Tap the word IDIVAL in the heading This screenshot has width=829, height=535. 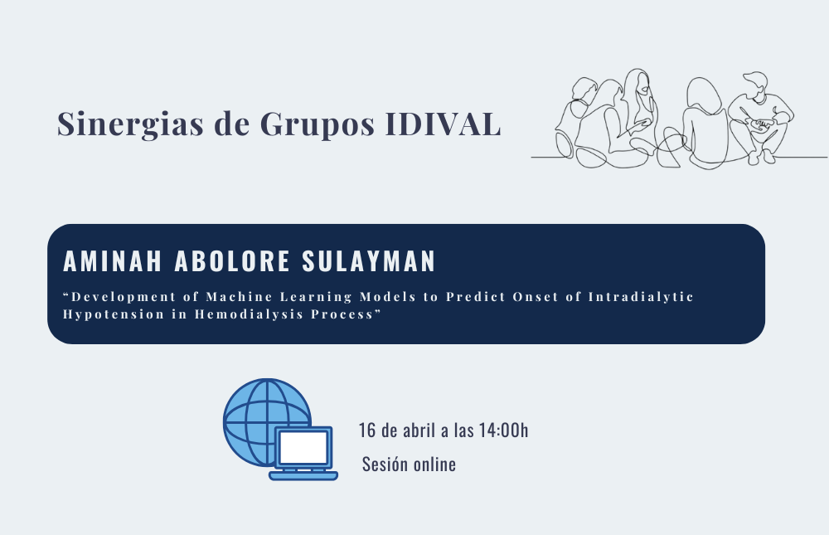click(443, 124)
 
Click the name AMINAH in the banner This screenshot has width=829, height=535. click(113, 261)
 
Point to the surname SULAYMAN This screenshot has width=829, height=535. click(369, 261)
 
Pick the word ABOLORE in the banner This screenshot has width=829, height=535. click(231, 261)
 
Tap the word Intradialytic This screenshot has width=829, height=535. click(641, 297)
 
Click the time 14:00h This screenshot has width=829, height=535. click(503, 430)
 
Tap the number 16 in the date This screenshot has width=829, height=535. click(367, 430)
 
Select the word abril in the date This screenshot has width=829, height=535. click(419, 430)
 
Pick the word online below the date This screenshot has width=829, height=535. click(434, 464)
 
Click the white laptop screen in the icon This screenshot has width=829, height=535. click(303, 448)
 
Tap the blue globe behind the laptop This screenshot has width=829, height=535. click(254, 413)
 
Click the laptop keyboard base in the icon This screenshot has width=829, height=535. click(303, 476)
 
